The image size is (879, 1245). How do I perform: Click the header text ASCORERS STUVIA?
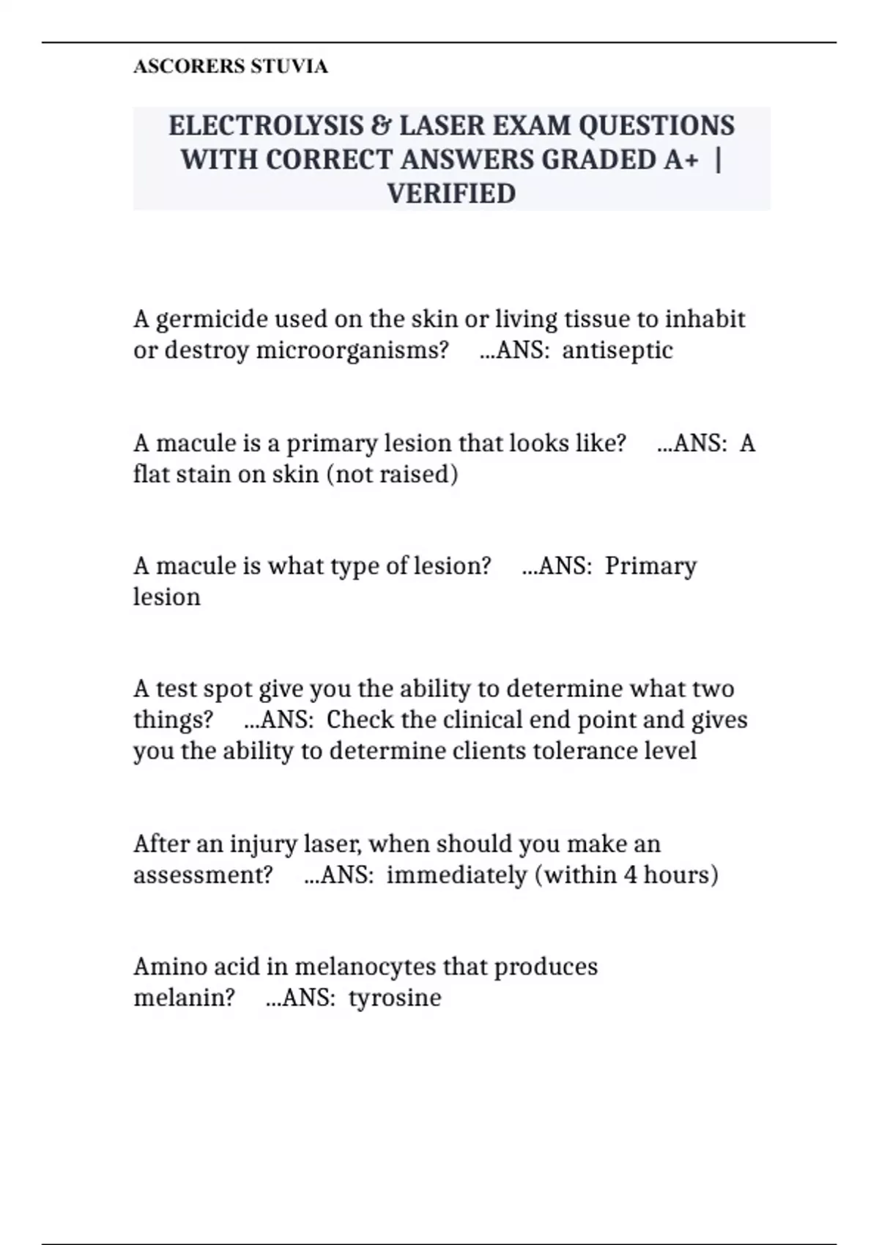pos(230,67)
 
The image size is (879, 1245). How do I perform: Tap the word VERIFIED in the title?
pos(451,193)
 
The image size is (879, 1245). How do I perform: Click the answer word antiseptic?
pos(617,350)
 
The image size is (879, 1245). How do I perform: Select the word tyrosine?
pos(395,997)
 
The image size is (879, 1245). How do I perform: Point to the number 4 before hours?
pos(631,875)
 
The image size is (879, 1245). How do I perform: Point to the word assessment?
pos(203,875)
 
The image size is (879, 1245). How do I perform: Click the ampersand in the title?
pos(381,125)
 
